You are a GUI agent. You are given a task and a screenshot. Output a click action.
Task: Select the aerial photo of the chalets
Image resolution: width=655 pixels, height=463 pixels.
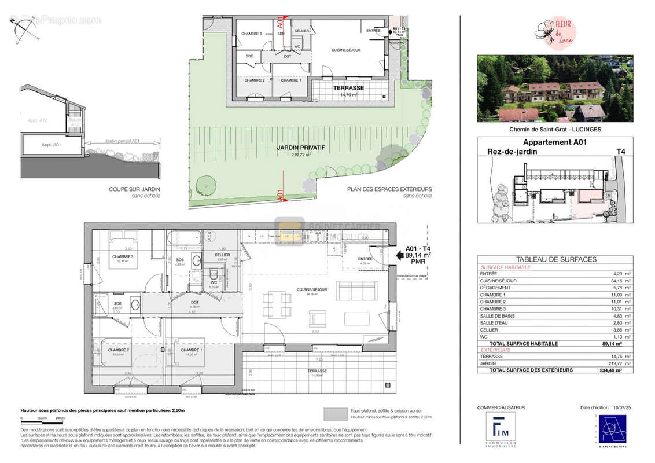click(555, 89)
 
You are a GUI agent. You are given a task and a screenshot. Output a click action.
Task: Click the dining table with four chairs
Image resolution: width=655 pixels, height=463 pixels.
click(276, 304)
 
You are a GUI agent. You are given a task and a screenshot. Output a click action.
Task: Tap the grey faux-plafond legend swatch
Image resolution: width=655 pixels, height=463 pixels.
click(334, 413)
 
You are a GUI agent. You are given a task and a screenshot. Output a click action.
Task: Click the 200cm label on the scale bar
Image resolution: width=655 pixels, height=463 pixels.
click(59, 418)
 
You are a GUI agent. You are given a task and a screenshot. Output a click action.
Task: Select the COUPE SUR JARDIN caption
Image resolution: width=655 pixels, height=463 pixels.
click(134, 189)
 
